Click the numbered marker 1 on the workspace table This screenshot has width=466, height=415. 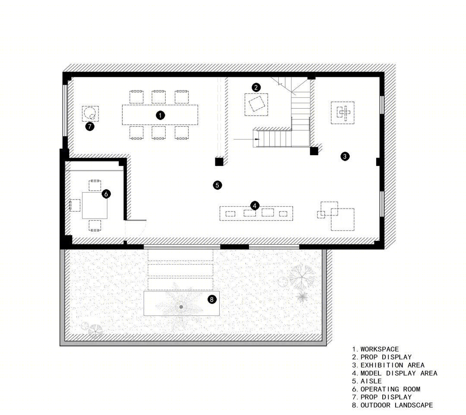point(160,115)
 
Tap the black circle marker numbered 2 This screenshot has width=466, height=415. point(256,87)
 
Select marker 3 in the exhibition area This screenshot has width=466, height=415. point(345,156)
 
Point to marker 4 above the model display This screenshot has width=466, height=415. point(255,206)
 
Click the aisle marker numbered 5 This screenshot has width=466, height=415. point(217,185)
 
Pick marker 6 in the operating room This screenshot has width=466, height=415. point(106,194)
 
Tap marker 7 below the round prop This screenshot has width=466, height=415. point(90,127)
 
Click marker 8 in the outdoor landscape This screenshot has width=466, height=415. point(211,299)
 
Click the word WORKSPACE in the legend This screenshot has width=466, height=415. point(380,349)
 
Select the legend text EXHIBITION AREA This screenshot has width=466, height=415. point(392,365)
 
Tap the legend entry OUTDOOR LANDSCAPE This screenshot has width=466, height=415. point(397,405)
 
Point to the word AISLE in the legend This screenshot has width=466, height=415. point(371,381)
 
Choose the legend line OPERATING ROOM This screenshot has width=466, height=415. point(390,389)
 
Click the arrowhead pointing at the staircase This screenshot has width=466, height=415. point(257,139)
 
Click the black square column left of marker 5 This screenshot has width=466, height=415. point(219,162)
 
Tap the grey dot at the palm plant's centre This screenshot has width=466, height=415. point(181,307)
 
